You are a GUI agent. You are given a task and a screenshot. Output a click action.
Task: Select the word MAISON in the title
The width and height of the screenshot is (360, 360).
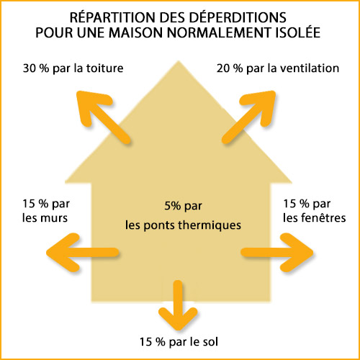(x=136, y=32)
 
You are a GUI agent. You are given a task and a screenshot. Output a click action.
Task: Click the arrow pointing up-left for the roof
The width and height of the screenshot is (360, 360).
(x=104, y=117)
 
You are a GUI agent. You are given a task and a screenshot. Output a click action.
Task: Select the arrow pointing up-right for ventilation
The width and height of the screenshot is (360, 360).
(x=248, y=117)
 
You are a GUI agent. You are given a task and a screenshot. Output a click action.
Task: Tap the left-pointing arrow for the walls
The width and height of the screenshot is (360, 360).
(x=83, y=253)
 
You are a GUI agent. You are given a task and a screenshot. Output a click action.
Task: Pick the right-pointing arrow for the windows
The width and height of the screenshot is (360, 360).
(x=277, y=253)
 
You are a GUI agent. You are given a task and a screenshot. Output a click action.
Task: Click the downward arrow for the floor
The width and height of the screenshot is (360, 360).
(x=178, y=305)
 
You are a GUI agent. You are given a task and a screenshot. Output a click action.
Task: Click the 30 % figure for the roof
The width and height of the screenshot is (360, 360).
(x=36, y=68)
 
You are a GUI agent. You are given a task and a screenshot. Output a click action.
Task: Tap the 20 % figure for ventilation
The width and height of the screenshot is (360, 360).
(x=230, y=68)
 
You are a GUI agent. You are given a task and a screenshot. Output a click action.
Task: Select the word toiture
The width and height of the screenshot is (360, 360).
(x=105, y=68)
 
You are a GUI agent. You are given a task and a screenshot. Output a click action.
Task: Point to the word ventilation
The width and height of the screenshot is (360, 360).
(x=310, y=68)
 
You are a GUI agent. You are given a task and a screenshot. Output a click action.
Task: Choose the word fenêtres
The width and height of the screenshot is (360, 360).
(x=323, y=217)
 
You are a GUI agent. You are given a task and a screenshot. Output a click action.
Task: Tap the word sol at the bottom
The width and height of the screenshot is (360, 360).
(x=210, y=341)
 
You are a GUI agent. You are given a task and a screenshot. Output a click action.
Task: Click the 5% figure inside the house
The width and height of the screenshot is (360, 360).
(x=173, y=206)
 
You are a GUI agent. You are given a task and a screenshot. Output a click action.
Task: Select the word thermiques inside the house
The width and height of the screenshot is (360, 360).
(x=210, y=225)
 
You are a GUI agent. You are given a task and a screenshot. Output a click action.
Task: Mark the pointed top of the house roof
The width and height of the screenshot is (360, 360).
(x=179, y=61)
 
